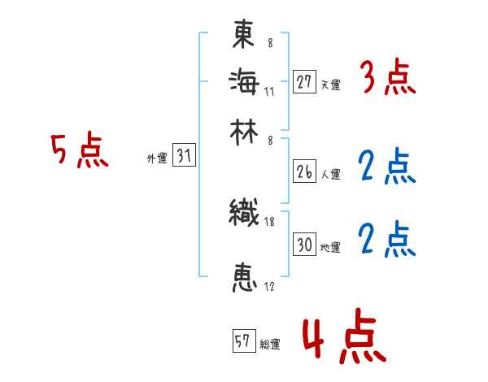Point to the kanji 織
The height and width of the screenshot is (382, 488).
click(244, 214)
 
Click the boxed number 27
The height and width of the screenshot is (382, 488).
click(304, 82)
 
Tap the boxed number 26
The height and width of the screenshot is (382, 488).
click(304, 171)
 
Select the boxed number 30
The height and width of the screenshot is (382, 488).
click(304, 245)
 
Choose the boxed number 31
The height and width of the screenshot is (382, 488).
click(185, 157)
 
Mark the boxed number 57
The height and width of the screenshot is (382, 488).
click(242, 341)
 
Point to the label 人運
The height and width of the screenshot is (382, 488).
click(330, 174)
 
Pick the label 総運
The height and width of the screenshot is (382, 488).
click(270, 344)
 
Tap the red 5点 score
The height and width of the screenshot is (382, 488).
click(80, 151)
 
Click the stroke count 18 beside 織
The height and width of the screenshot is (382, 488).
click(269, 222)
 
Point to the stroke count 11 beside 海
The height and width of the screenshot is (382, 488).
click(269, 90)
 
